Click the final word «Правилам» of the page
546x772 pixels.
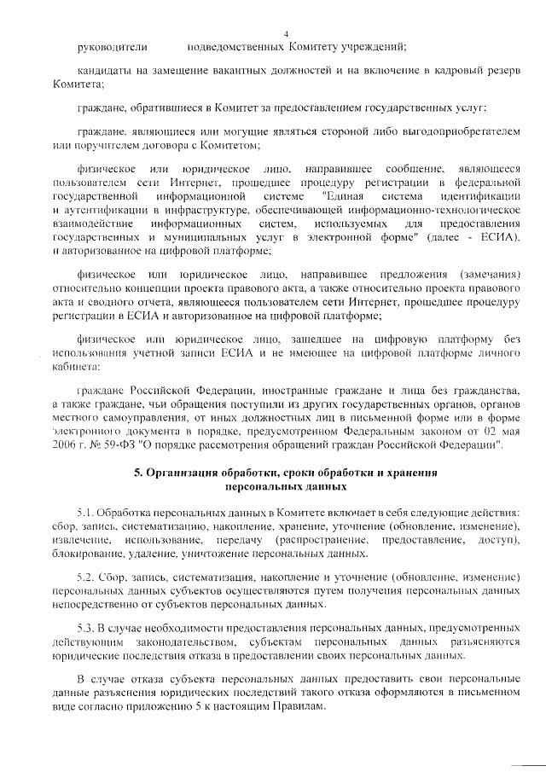point(302,707)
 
